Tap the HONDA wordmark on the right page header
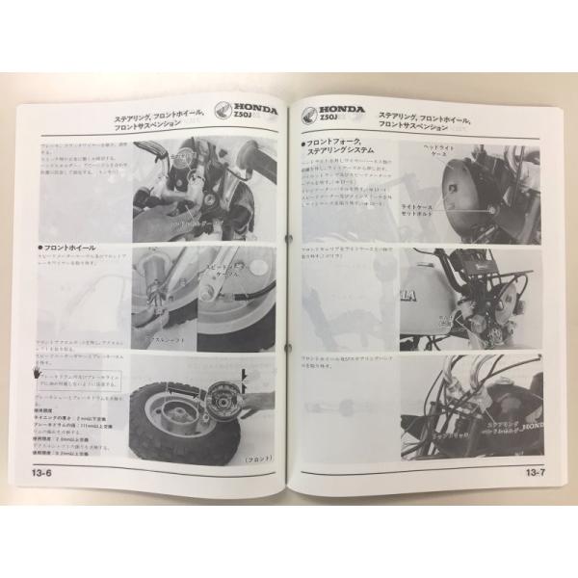340,110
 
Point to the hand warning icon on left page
37,370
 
